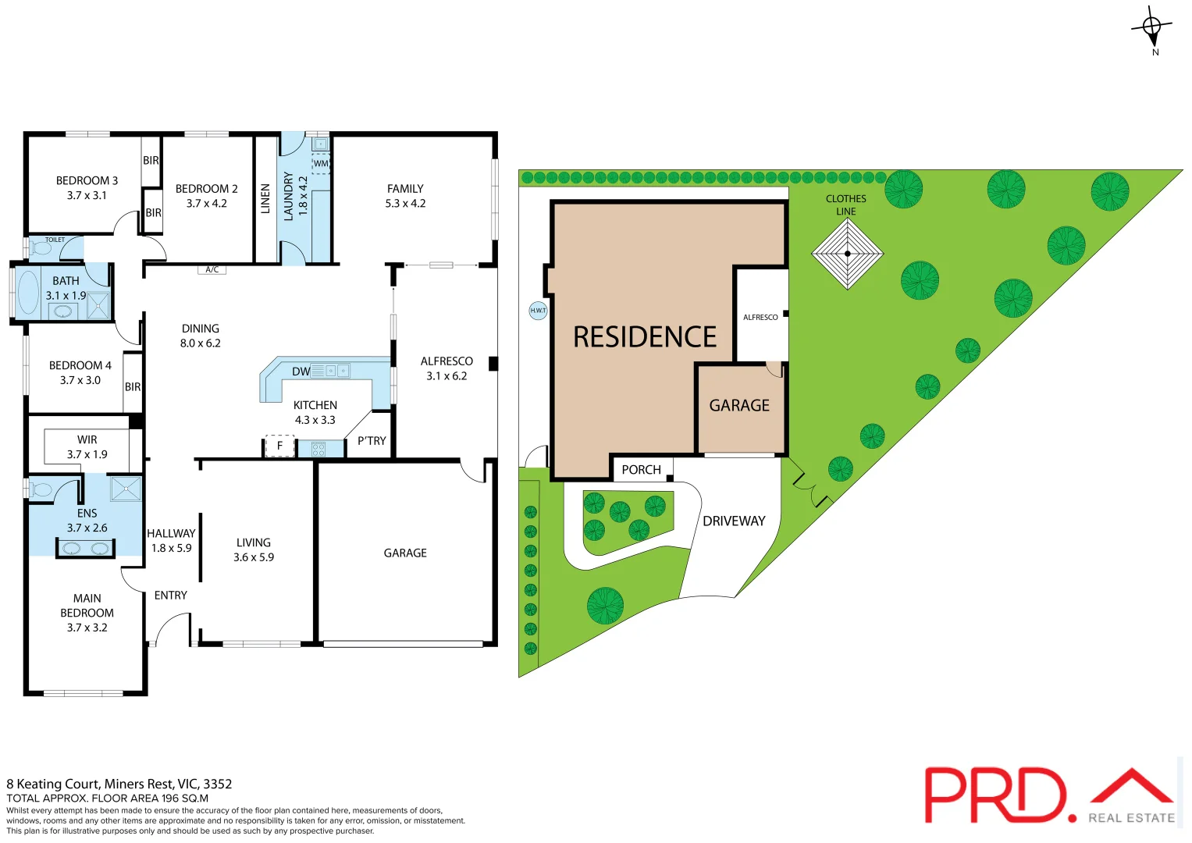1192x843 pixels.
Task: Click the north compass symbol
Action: coord(1152,29)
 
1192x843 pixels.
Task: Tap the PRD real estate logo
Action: coord(1049,795)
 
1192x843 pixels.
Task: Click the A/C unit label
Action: coord(212,270)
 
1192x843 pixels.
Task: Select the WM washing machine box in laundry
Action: coord(321,164)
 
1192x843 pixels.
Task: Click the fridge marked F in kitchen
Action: coord(279,446)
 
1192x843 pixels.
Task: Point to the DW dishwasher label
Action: coord(301,372)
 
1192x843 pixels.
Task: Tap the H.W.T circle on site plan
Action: coord(538,311)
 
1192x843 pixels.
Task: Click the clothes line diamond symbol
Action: coord(847,254)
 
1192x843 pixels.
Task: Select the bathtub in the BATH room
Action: coord(29,293)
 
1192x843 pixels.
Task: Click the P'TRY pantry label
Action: coord(372,441)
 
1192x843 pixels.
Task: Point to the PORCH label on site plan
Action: coord(641,470)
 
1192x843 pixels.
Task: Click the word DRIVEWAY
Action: coord(734,521)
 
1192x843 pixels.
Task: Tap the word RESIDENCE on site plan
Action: coord(645,337)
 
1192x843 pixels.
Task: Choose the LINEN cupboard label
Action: coord(265,199)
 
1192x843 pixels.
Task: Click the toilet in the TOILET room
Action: coord(41,248)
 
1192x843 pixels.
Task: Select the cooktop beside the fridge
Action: coord(318,449)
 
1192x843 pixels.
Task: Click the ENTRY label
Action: coord(171,596)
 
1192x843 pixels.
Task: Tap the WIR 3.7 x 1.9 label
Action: coord(87,446)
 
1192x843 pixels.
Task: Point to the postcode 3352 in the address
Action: coord(218,784)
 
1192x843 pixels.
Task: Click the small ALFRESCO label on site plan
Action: coord(760,318)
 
